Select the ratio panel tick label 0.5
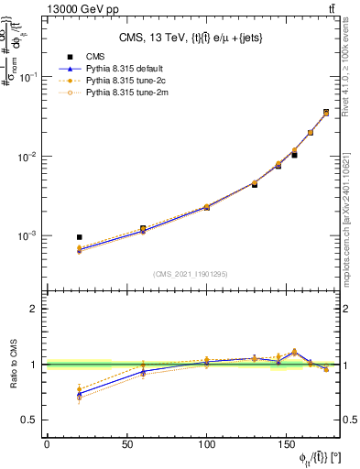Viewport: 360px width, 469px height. click(x=28, y=420)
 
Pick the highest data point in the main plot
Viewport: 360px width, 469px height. click(x=326, y=113)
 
